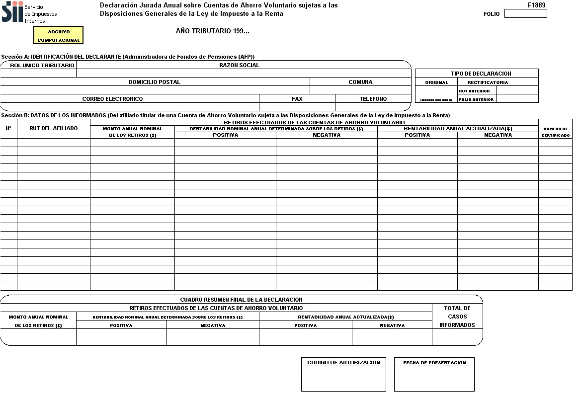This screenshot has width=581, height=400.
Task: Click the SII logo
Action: (x=12, y=11)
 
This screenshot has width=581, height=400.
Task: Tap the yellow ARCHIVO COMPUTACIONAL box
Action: (x=58, y=35)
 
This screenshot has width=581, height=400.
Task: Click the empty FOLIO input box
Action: (x=525, y=13)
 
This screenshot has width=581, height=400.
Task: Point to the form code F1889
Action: (x=537, y=5)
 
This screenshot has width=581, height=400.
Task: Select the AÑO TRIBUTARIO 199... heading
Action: (x=213, y=31)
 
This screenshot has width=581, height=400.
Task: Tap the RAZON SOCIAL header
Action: (x=239, y=65)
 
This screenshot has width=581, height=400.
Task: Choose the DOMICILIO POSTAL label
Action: (x=155, y=82)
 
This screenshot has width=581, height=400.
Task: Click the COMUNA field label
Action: (x=360, y=82)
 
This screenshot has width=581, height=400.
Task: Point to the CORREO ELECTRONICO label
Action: (x=112, y=99)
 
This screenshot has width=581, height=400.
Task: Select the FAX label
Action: (x=297, y=99)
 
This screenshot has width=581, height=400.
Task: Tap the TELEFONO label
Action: (x=373, y=99)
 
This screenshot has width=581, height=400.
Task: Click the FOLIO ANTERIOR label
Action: (x=477, y=99)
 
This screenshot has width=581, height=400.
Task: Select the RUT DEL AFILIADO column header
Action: (x=53, y=128)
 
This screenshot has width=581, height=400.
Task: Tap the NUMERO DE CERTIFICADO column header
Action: (x=555, y=132)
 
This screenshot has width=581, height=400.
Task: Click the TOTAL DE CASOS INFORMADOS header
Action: (x=457, y=317)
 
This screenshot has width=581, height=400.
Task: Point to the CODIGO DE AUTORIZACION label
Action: (x=344, y=362)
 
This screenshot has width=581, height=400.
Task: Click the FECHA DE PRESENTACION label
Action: (x=434, y=363)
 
